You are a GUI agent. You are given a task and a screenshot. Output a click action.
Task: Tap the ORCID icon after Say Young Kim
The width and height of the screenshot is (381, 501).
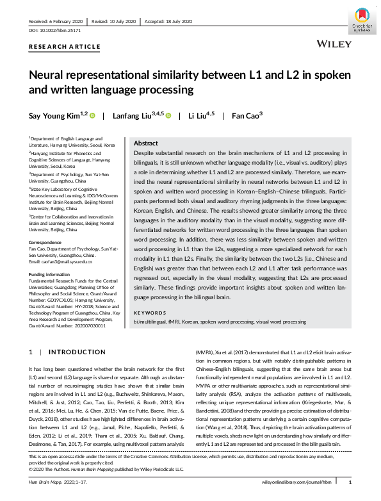(92, 116)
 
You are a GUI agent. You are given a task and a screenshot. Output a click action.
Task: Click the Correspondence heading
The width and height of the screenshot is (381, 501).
(47, 242)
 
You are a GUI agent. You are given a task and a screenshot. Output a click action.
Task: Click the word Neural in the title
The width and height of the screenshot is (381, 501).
(51, 75)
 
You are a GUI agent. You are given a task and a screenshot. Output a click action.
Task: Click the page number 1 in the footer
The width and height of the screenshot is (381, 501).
(350, 481)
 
